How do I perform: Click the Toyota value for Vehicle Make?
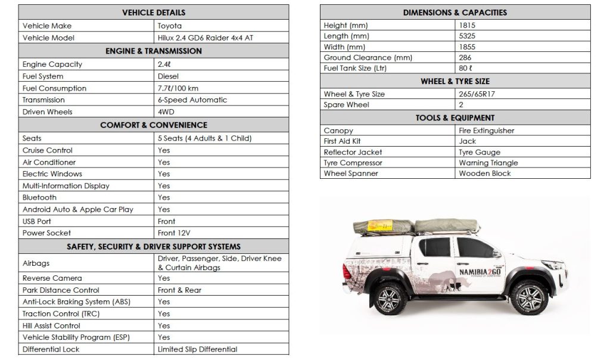[x=170, y=26]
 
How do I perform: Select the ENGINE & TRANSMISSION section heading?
[x=154, y=51]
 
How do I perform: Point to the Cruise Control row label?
[x=48, y=150]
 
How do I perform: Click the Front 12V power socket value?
[x=174, y=233]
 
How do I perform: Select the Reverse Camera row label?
[x=52, y=278]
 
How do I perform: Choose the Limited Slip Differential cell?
[x=197, y=349]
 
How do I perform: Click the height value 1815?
[x=468, y=26]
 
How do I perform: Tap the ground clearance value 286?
[x=465, y=58]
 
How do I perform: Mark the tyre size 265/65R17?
[x=479, y=94]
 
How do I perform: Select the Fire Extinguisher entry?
[x=487, y=131]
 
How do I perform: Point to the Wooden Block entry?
[x=485, y=173]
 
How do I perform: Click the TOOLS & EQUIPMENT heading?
[x=455, y=118]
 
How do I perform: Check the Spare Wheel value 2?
[x=462, y=105]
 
